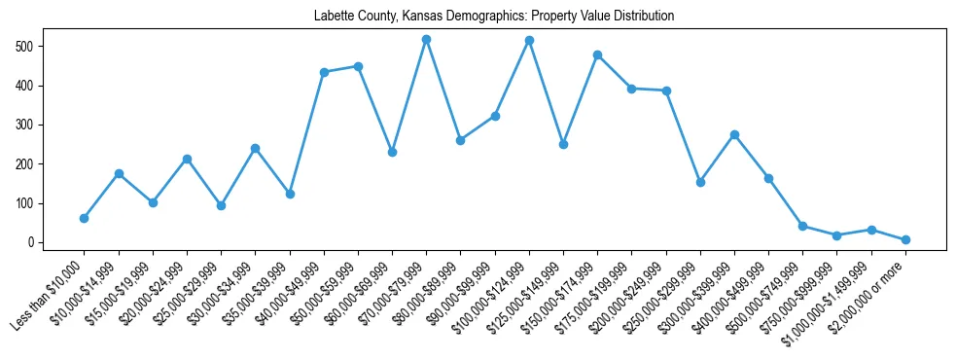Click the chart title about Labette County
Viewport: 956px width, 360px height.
tap(494, 17)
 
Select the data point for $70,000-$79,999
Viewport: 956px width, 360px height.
tap(426, 39)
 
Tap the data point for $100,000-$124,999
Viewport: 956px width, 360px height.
tap(529, 41)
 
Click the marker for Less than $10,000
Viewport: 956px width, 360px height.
tap(85, 218)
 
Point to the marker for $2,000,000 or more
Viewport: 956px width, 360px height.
tap(905, 239)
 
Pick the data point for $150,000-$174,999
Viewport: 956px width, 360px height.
tap(597, 54)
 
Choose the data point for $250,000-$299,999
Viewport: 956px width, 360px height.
tap(700, 182)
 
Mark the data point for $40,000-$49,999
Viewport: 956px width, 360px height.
tap(324, 72)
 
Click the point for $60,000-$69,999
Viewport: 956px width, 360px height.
tap(392, 152)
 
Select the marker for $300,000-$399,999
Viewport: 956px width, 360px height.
tap(734, 134)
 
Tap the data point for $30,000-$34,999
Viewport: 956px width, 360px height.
tap(255, 148)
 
